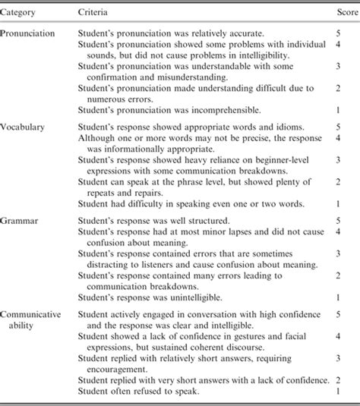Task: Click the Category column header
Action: point(23,14)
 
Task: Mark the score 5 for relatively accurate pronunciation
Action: point(343,36)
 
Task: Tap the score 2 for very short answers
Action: point(343,377)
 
